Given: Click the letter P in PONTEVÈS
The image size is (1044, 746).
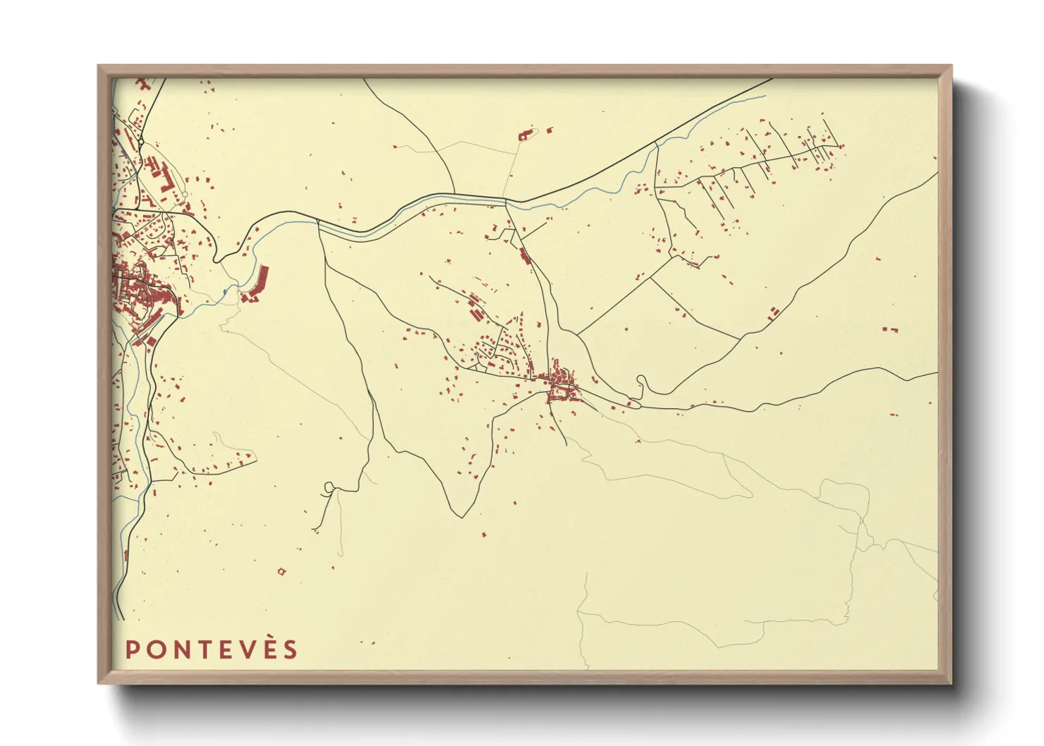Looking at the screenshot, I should (131, 649).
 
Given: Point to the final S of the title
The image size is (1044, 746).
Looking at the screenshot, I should (290, 649).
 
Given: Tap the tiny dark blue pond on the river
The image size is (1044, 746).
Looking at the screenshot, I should (224, 291).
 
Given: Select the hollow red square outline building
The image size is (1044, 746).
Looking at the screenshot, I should (282, 571).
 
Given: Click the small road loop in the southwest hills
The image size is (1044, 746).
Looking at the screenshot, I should (329, 486).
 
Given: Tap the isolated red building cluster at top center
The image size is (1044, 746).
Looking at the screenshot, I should (526, 134).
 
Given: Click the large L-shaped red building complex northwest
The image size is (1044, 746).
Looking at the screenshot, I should (164, 176).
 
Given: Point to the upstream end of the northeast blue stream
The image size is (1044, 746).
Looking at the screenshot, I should (765, 97).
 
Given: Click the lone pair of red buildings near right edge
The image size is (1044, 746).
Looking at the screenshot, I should (890, 329).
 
